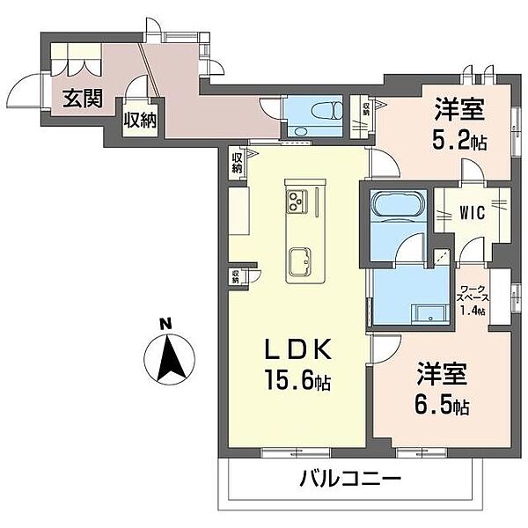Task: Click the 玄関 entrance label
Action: pos(79,99)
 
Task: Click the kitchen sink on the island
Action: pos(299,261)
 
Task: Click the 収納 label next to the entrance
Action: pos(139,120)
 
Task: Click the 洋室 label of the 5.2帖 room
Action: pos(458,112)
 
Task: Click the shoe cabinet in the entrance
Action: pos(77,62)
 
